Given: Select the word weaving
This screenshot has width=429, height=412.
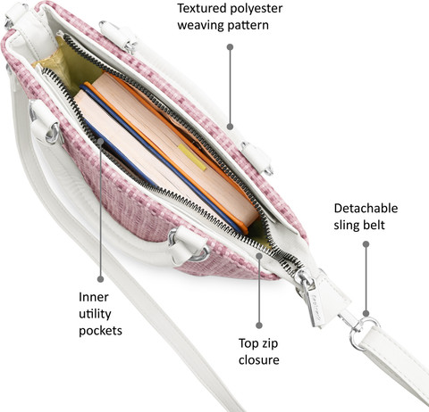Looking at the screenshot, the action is pos(200,25).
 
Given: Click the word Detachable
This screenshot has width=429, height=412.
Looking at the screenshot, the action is pos(366,208).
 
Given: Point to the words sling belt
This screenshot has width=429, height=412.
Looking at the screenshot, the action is pos(359,225).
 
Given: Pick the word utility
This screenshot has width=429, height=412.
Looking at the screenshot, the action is pos(95,314).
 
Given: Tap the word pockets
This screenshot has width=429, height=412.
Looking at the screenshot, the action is pos(100,331).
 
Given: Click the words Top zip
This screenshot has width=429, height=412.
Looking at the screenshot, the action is pos(258,343).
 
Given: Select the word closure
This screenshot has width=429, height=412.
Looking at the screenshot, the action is pos(259,360).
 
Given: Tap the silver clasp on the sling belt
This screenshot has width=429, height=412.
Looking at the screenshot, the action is pos(360,330).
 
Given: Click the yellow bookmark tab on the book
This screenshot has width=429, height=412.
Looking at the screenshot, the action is pos(192,158).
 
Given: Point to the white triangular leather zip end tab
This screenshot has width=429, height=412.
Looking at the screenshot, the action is pos(328,297).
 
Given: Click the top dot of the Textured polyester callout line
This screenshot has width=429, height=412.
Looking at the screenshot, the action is pos(230,47).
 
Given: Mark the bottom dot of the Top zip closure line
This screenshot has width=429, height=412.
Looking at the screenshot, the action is pos(259,325).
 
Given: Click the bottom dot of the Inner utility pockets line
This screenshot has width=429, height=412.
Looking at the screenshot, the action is pos(101,279).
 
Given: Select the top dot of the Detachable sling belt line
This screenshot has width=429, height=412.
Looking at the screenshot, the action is pos(366,244).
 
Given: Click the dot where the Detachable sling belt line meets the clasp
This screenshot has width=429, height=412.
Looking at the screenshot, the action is pos(366,313).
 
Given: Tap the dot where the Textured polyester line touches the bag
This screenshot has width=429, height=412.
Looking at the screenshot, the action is pos(230,127).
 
